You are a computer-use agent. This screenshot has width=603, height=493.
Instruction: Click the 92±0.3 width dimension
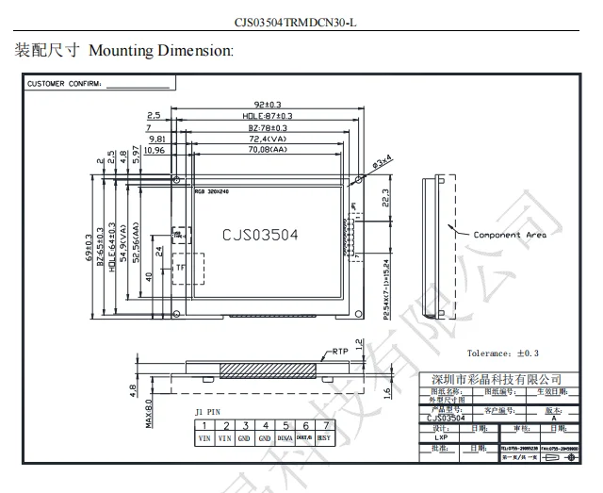pyautogui.click(x=268, y=105)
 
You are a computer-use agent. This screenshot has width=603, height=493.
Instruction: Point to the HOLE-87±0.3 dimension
pyautogui.click(x=268, y=116)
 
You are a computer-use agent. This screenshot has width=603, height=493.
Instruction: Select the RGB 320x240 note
pyautogui.click(x=213, y=191)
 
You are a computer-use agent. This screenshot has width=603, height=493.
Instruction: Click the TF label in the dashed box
pyautogui.click(x=180, y=269)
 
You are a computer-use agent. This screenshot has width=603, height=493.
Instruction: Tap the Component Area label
pyautogui.click(x=509, y=235)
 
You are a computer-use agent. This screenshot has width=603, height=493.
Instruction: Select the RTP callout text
pyautogui.click(x=340, y=351)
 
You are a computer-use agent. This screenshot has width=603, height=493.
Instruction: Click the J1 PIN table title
pyautogui.click(x=206, y=412)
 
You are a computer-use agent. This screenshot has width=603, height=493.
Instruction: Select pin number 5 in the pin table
pyautogui.click(x=285, y=426)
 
